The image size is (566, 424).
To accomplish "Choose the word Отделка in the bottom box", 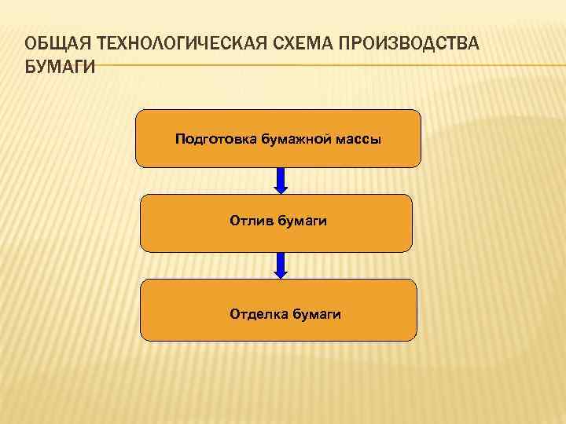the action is point(259,314).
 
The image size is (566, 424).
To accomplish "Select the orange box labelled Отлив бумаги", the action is point(276,239).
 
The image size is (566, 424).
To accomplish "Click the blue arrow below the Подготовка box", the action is point(281,179).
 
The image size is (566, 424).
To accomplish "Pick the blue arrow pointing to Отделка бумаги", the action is point(281,264).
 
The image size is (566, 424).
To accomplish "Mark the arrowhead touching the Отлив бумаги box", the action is point(281,189).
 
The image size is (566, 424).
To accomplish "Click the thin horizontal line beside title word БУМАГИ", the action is point(314,66).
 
